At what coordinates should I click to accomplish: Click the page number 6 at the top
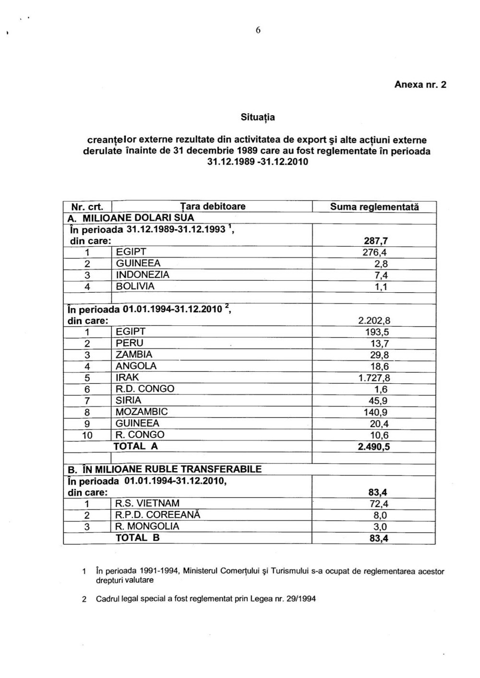(x=258, y=30)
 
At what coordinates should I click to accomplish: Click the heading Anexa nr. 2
(x=420, y=84)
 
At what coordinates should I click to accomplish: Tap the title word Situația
(x=258, y=117)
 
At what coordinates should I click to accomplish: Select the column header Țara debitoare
(x=213, y=207)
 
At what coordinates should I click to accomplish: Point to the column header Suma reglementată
(x=374, y=207)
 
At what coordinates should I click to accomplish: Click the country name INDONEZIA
(x=143, y=275)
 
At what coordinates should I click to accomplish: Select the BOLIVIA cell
(x=135, y=286)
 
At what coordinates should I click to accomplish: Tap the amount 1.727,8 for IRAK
(x=374, y=378)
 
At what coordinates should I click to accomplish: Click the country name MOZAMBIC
(x=142, y=412)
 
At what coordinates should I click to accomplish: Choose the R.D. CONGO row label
(x=145, y=389)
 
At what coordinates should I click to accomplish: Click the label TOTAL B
(x=137, y=538)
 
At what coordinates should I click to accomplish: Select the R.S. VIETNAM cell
(x=147, y=503)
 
